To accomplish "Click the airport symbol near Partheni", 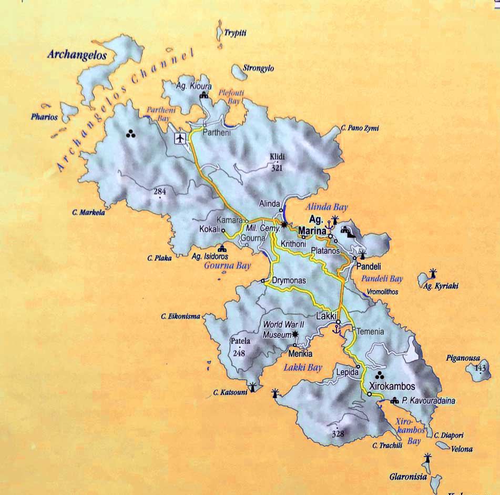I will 180,138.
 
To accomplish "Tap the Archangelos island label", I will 77,55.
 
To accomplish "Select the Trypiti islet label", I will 236,33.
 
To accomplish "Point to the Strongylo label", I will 259,68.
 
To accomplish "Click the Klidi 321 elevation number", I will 278,169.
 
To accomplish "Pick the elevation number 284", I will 160,191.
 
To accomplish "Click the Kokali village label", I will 209,230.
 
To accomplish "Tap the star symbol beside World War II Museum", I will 295,334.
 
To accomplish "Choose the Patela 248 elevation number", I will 240,353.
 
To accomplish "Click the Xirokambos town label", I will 392,386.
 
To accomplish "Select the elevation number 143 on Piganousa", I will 480,368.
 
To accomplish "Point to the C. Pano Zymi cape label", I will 360,128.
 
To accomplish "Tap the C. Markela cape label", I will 88,213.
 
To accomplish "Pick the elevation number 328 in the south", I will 338,433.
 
